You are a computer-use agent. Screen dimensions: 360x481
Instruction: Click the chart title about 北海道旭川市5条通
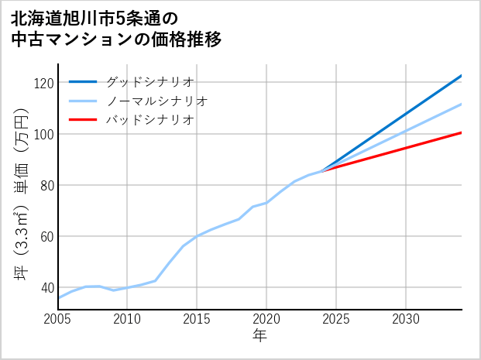116,28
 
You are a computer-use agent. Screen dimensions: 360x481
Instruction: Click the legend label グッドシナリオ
149,81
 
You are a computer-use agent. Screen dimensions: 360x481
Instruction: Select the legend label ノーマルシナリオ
156,101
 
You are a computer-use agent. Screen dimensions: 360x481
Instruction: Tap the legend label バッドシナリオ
149,120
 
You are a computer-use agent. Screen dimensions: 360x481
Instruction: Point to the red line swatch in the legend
83,120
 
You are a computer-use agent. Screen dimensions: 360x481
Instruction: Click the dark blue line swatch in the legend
83,81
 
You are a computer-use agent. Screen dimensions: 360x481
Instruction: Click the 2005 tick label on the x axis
58,319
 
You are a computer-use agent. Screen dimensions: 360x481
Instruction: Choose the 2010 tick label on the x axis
128,319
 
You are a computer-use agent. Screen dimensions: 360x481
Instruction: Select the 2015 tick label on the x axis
198,319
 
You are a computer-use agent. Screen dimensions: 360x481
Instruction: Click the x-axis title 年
260,336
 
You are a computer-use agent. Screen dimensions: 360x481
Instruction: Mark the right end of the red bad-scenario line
461,132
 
